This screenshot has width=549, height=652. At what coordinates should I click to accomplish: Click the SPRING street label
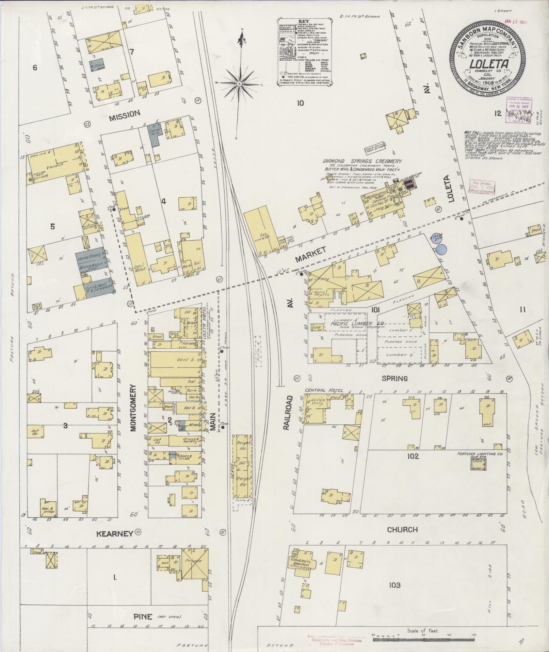(394, 378)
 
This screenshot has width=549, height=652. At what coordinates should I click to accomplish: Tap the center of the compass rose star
(239, 83)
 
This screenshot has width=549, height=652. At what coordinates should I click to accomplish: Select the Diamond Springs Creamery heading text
(363, 161)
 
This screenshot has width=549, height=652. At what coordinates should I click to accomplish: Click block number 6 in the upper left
(35, 68)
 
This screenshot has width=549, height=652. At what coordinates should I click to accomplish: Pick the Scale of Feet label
(423, 631)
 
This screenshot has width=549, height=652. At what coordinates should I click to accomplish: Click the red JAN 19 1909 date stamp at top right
(516, 21)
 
